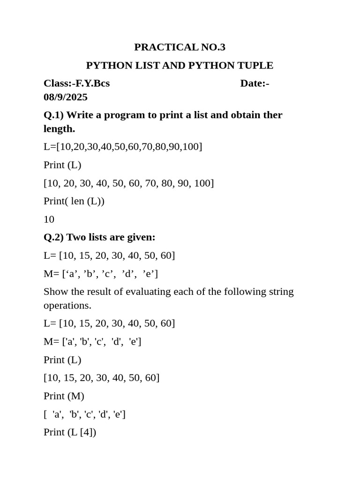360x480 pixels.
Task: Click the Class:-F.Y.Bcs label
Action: click(76, 83)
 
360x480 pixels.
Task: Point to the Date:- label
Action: click(255, 83)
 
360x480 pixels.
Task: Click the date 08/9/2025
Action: click(66, 97)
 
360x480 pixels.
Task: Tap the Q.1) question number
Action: click(53, 115)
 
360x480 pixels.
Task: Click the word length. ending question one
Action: click(59, 129)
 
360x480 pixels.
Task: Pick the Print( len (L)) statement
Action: click(74, 201)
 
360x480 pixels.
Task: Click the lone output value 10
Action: click(49, 219)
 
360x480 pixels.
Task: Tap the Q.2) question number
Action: click(53, 237)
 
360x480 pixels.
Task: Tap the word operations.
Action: click(67, 305)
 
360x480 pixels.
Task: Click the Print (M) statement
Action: click(64, 396)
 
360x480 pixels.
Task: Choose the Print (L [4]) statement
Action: click(70, 432)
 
